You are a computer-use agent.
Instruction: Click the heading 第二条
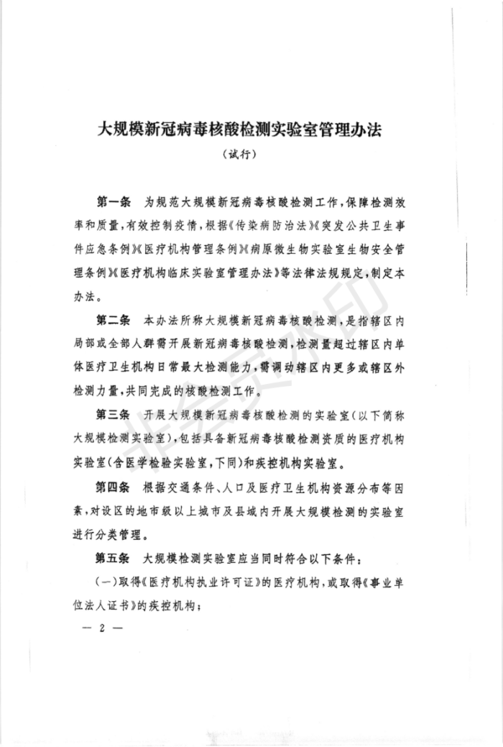point(114,317)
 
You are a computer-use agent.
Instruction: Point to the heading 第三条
point(114,416)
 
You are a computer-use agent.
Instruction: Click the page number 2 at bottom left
point(102,627)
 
